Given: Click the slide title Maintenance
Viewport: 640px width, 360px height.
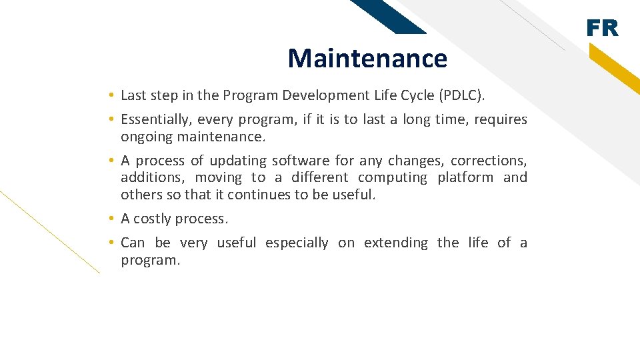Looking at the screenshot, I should coord(367,59).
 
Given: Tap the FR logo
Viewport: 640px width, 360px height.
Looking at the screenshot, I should coord(602,29).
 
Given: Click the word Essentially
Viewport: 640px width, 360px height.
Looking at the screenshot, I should coord(153,120).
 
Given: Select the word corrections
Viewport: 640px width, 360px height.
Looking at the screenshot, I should coord(488,161).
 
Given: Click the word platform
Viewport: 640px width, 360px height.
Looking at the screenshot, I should coord(465,178).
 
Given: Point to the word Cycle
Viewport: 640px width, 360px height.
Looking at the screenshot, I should coord(415,95).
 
